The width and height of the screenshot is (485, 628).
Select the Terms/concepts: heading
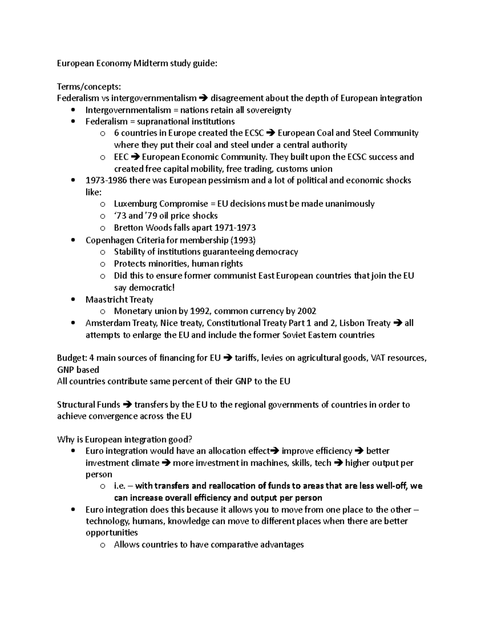click(x=89, y=87)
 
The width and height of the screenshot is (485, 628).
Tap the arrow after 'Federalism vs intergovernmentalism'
click(x=203, y=98)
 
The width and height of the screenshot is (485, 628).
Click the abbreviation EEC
click(x=121, y=157)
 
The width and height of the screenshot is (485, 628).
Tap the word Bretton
click(x=129, y=228)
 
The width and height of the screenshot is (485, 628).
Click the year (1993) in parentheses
click(x=242, y=240)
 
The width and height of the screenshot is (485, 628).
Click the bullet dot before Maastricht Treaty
click(x=73, y=300)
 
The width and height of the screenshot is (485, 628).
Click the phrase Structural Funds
click(x=88, y=405)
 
